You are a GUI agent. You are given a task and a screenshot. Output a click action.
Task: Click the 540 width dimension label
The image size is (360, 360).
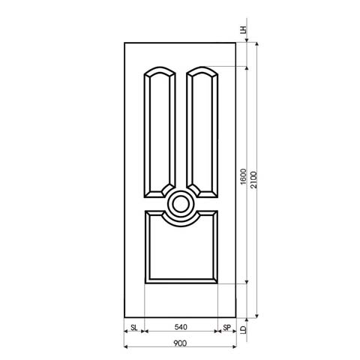(180, 328)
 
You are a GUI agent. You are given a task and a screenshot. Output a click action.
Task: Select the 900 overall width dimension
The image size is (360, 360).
(180, 343)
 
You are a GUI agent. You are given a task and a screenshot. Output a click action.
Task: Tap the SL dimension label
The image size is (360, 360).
(133, 328)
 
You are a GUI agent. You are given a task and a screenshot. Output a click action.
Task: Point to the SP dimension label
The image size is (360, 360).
(226, 328)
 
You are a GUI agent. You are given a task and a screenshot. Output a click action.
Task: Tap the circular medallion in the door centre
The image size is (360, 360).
(180, 202)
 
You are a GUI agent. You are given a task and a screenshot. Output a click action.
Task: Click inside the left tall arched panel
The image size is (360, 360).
(159, 131)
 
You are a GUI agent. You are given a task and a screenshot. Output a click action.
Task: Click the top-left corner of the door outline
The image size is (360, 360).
(124, 42)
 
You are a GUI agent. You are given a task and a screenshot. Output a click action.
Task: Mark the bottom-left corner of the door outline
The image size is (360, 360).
(124, 316)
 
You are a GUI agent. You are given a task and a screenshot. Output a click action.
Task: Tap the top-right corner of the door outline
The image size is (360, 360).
(236, 42)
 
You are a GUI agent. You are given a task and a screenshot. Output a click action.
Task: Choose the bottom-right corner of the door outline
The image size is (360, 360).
(236, 316)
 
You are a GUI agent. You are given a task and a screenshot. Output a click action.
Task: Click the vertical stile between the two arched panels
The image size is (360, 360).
(180, 127)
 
